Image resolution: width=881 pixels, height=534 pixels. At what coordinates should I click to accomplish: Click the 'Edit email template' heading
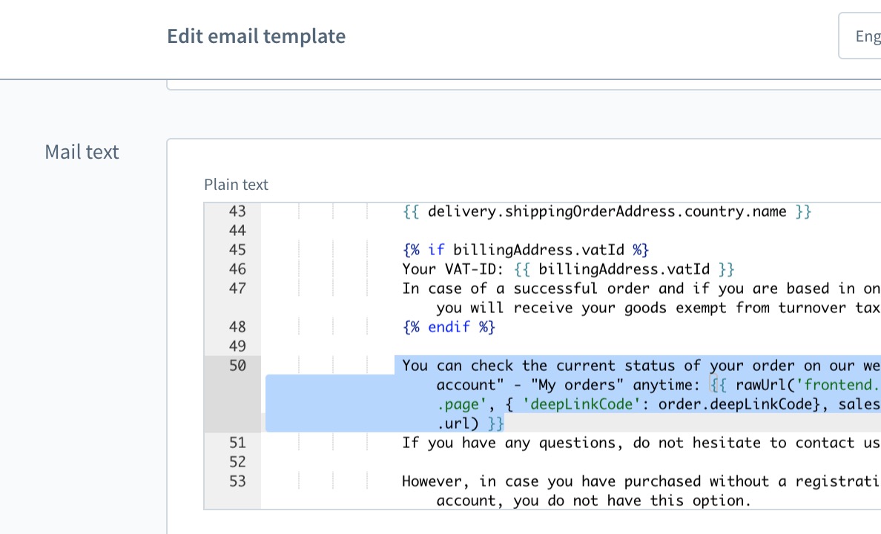pos(256,36)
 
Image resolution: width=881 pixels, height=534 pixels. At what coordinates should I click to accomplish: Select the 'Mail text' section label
pos(82,152)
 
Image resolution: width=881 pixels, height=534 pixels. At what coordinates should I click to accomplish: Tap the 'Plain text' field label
pos(236,185)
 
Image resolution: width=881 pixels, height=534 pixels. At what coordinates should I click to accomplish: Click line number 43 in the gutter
pos(237,211)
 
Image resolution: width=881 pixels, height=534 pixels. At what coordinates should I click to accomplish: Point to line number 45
pos(237,250)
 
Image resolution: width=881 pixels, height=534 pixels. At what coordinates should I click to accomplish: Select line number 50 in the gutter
pos(237,366)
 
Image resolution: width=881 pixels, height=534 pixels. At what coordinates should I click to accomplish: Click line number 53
pos(237,481)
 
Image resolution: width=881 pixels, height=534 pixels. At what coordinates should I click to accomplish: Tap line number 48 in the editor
pos(237,326)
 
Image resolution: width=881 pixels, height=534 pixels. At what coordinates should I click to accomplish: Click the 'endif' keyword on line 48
pos(449,326)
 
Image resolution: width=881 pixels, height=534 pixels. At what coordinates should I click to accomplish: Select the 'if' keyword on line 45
pos(436,250)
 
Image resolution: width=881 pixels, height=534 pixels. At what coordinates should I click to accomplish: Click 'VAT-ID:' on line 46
pos(471,269)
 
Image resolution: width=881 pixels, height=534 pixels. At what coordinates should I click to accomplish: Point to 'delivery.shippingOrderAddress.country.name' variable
pos(607,212)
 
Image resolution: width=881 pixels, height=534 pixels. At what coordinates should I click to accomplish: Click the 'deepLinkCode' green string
pos(581,404)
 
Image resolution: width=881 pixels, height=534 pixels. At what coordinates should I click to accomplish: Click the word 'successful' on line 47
pos(555,289)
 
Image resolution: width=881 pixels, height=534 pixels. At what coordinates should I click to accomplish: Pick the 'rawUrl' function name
pos(762,385)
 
